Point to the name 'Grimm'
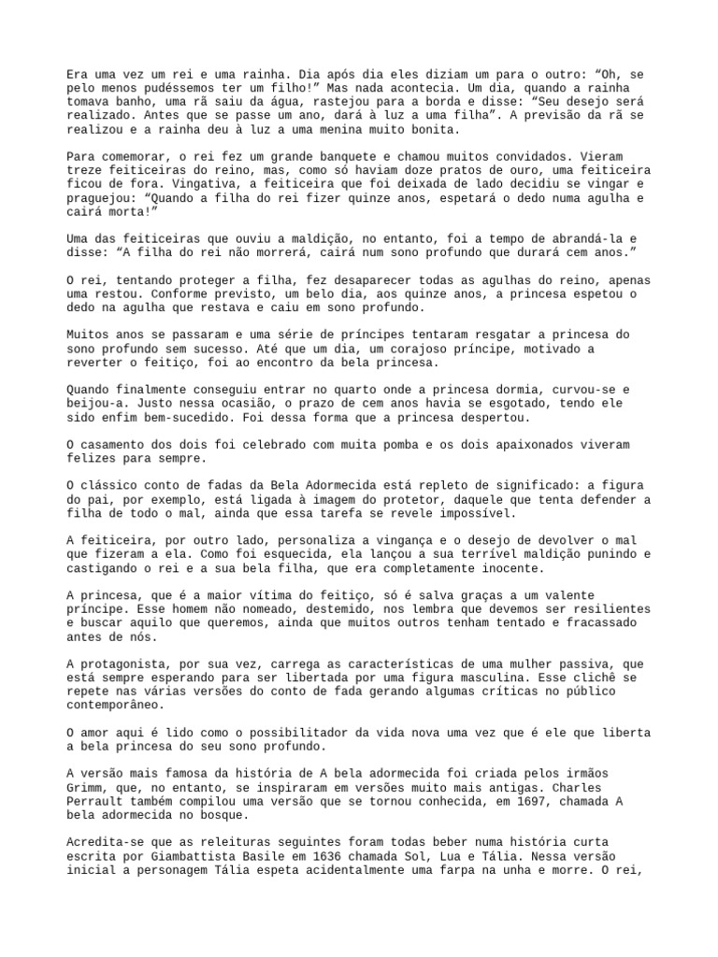(86, 788)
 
